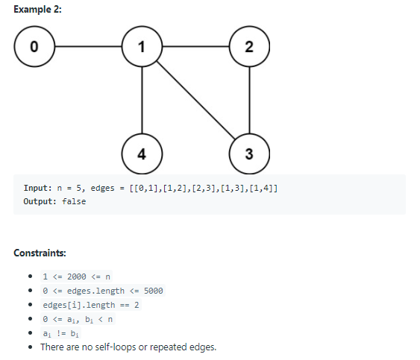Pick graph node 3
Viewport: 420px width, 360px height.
tap(249, 154)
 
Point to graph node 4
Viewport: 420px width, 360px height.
tap(142, 154)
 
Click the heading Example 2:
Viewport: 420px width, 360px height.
tap(37, 8)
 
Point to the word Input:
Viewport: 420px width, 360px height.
tap(37, 188)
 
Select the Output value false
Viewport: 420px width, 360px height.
tap(75, 201)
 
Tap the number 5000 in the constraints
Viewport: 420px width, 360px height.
tap(152, 291)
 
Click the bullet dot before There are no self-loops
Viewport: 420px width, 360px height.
tap(28, 347)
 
